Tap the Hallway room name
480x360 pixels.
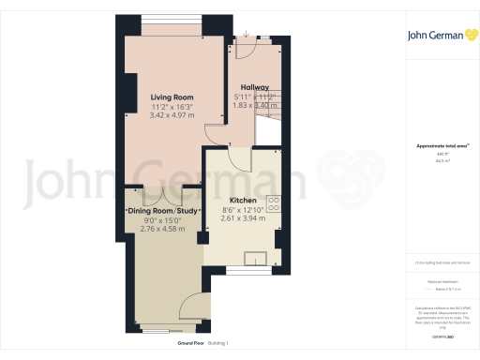(255, 87)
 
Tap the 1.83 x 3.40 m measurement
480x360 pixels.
(255, 105)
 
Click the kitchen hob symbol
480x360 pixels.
(276, 202)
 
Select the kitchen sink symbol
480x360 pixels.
(255, 258)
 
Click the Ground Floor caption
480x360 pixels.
(193, 344)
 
